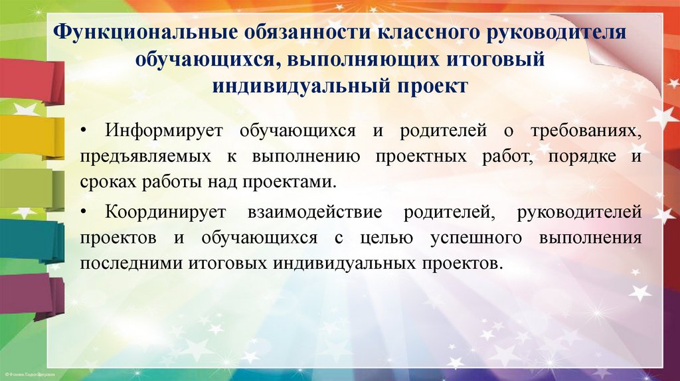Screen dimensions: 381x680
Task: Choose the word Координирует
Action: point(166,213)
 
